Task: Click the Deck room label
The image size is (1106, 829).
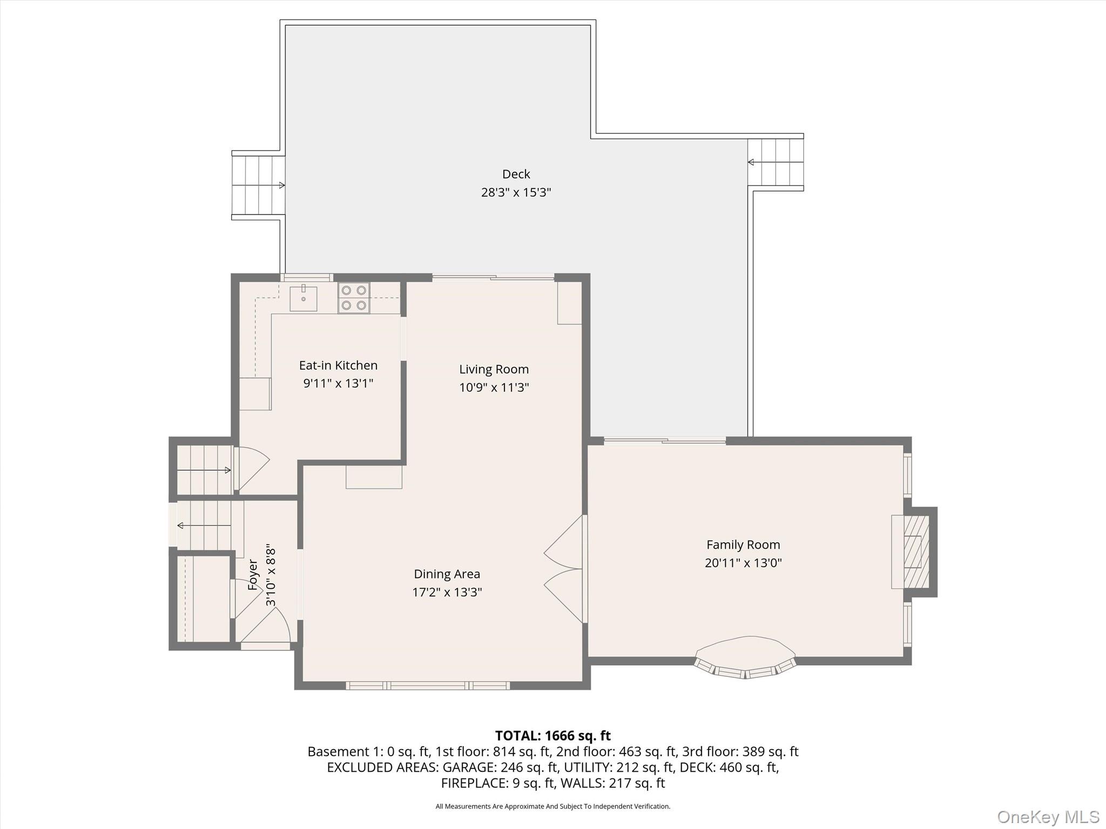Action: pyautogui.click(x=516, y=174)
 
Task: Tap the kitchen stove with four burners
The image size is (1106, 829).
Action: pyautogui.click(x=354, y=298)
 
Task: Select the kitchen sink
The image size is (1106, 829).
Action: pyautogui.click(x=304, y=298)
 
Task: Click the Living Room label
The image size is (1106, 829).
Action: pyautogui.click(x=494, y=369)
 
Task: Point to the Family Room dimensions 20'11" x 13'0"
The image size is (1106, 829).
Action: pyautogui.click(x=743, y=563)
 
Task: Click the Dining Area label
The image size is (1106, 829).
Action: pyautogui.click(x=447, y=574)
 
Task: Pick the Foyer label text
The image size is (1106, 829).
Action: pyautogui.click(x=253, y=574)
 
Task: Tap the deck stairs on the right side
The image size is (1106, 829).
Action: pyautogui.click(x=775, y=162)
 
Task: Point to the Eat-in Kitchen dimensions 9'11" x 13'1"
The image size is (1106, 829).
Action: pyautogui.click(x=338, y=384)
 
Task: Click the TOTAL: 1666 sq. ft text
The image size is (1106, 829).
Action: pyautogui.click(x=552, y=736)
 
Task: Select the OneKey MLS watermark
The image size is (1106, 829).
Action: pyautogui.click(x=1048, y=817)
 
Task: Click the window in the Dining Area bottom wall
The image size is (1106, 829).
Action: pyautogui.click(x=428, y=685)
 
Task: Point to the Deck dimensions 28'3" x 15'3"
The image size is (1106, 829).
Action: pyautogui.click(x=516, y=193)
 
